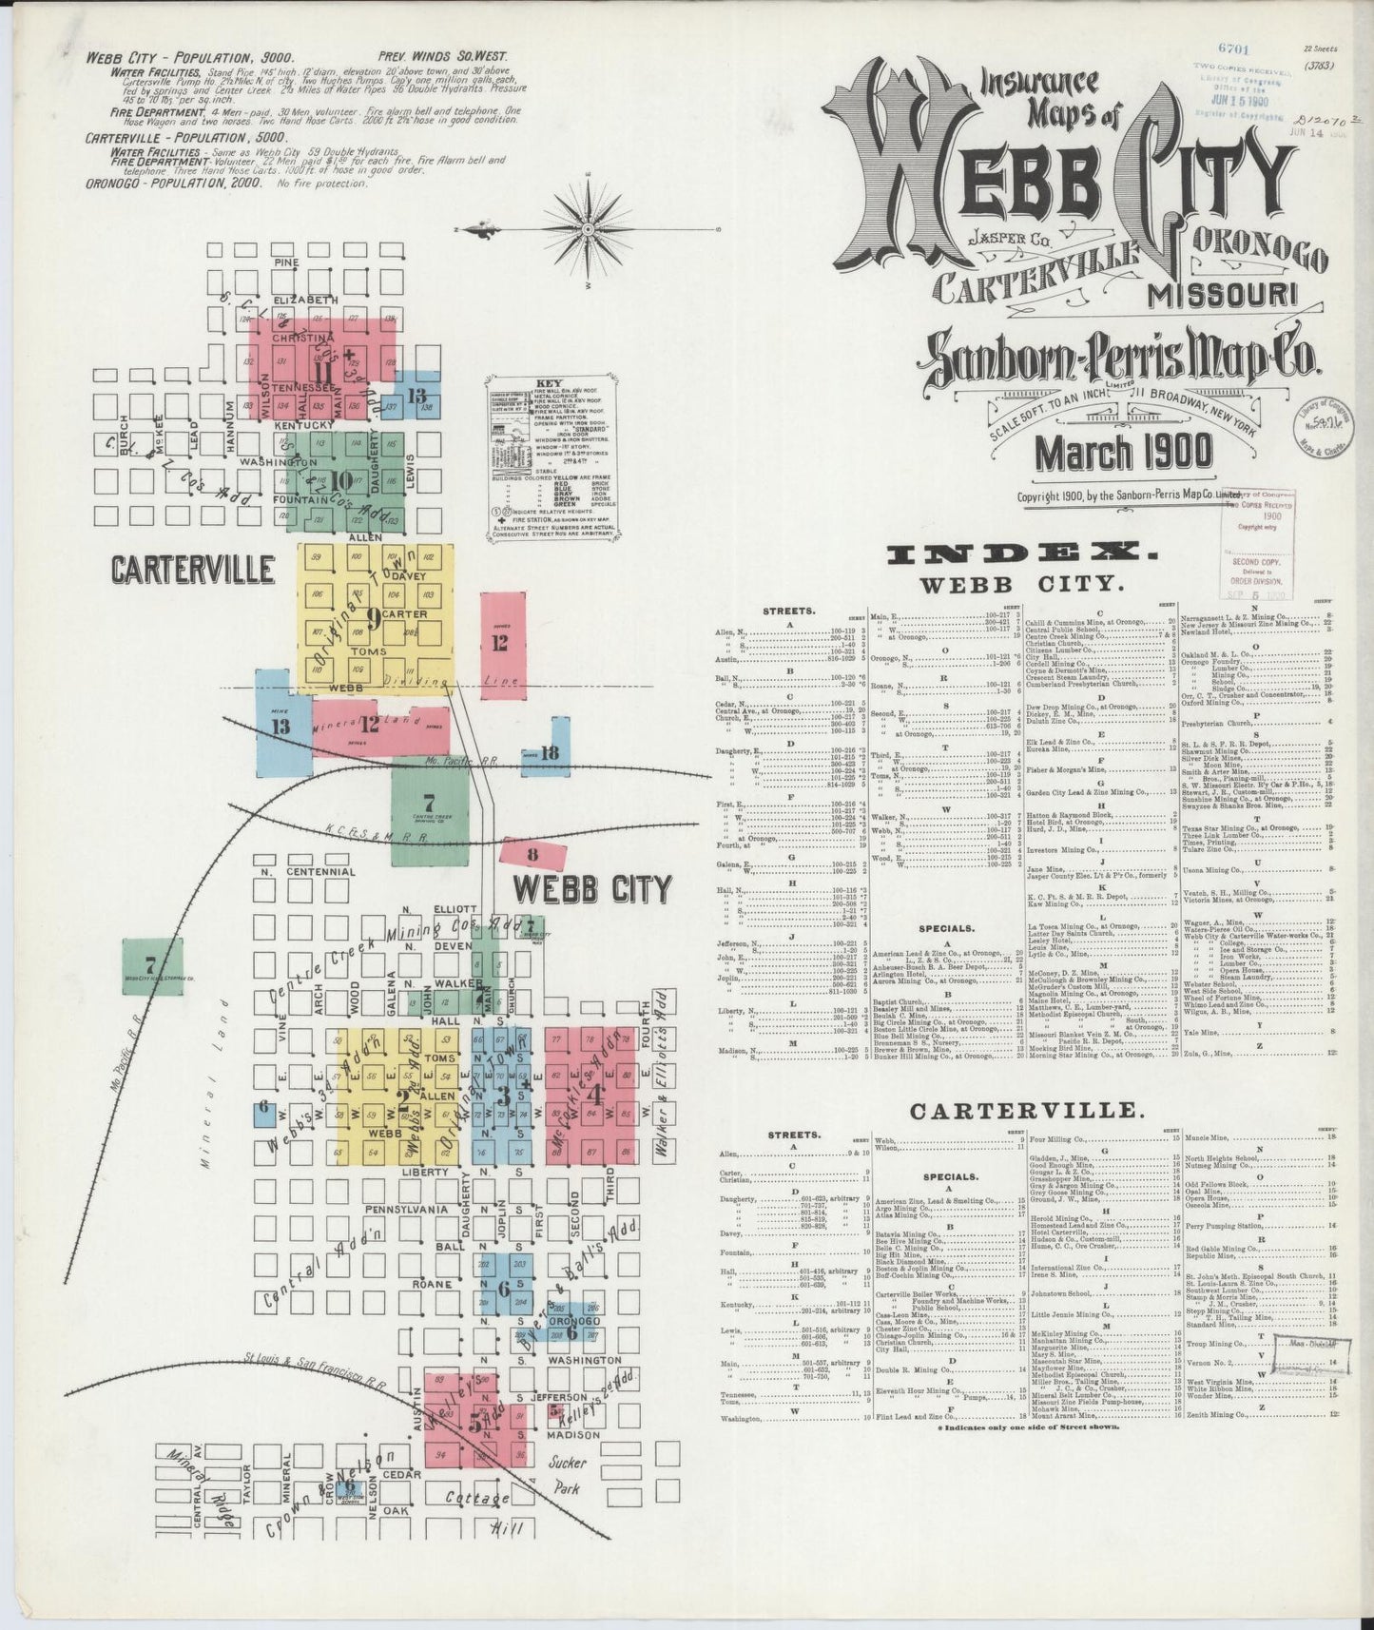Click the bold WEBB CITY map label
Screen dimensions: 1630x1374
point(591,889)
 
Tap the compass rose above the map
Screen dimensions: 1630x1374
point(588,229)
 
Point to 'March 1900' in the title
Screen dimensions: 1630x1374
point(1124,452)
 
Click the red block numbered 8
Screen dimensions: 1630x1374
point(532,855)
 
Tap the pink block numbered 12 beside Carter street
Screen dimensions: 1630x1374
point(502,644)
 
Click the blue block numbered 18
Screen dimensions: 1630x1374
point(549,753)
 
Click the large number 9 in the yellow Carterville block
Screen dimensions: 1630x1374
point(374,619)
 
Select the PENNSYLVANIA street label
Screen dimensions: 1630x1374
point(411,1210)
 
